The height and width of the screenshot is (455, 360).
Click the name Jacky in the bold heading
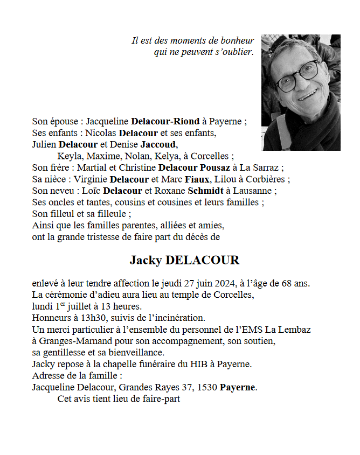(x=146, y=261)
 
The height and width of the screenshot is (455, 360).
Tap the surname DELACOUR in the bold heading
(x=203, y=261)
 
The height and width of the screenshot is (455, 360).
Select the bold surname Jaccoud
(x=158, y=145)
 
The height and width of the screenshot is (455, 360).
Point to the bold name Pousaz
(x=215, y=167)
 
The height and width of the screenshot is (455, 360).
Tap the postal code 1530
(x=207, y=388)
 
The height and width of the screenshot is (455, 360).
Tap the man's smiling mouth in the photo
(x=308, y=95)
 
